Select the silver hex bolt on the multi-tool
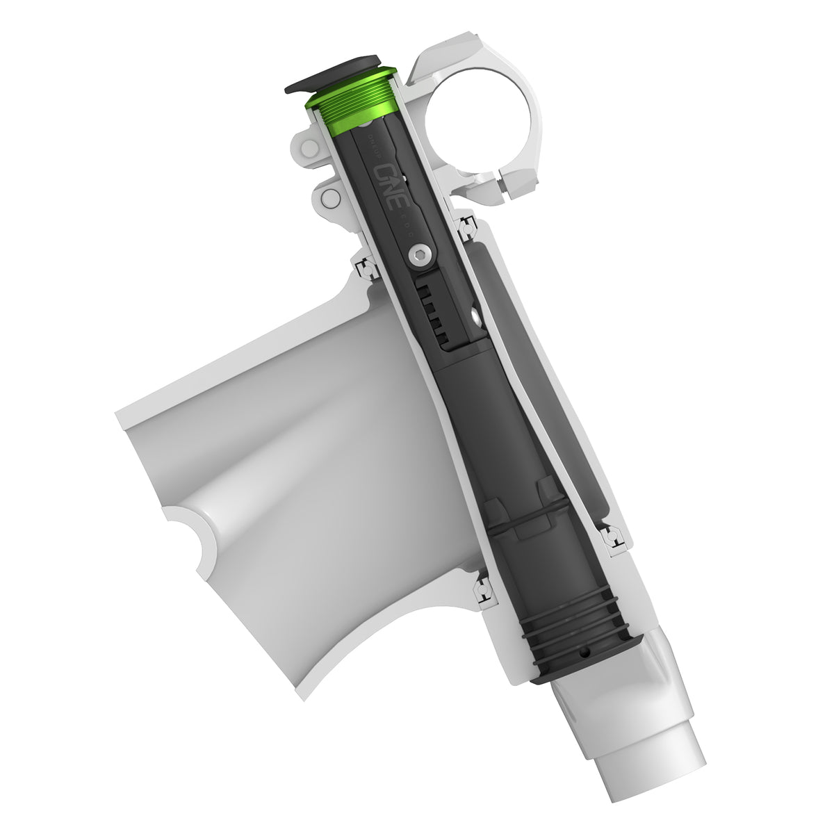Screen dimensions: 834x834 [x=419, y=256]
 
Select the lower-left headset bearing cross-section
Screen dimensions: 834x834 [x=481, y=589]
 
